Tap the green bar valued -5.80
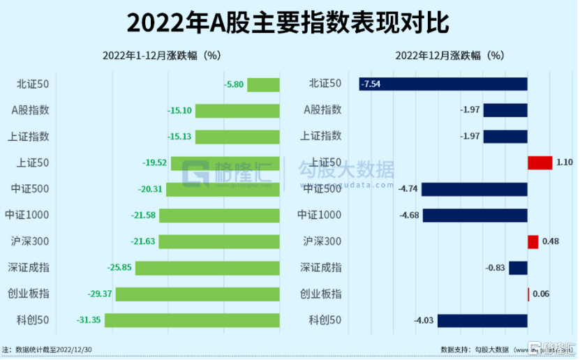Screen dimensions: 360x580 pos(263,84)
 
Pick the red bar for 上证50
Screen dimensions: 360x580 pos(540,163)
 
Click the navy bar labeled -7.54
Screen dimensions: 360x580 pos(443,84)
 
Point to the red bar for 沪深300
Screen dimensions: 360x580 pos(533,241)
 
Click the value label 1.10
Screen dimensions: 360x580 pos(565,163)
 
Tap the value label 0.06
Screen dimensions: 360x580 pos(541,294)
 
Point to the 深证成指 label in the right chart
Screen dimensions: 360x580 pos(321,268)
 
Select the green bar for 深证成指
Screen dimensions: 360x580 pos(207,268)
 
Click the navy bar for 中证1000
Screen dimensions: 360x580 pos(475,215)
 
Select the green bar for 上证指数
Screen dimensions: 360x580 pos(237,137)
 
